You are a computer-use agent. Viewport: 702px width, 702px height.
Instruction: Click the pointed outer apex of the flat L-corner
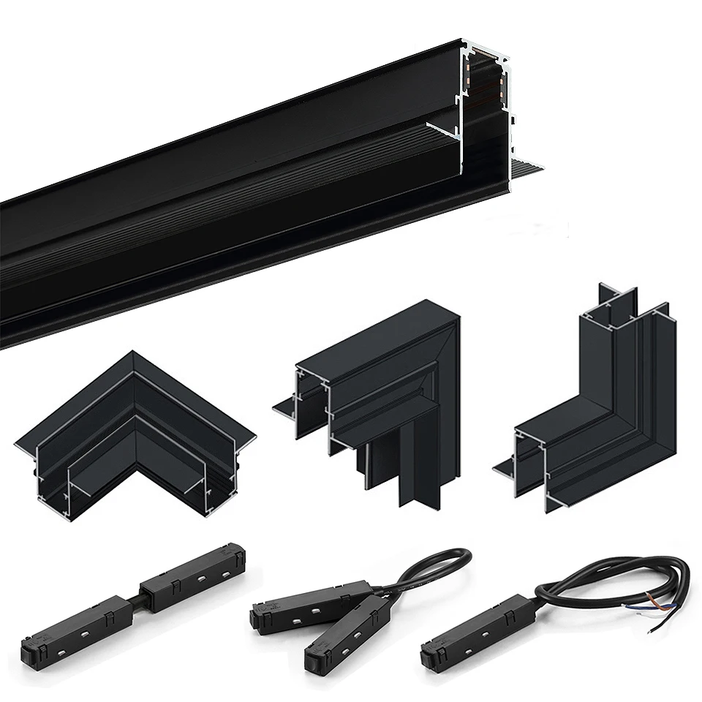point(132,355)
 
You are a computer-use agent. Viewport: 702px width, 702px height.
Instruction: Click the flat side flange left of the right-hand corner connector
point(505,465)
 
